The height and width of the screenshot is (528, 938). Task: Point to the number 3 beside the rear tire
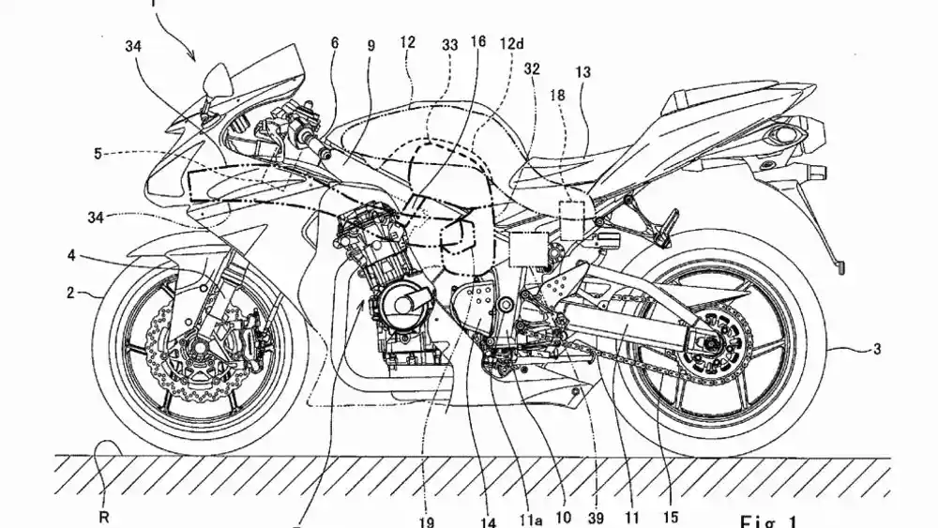[x=876, y=349]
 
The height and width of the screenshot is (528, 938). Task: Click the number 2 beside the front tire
[x=71, y=293]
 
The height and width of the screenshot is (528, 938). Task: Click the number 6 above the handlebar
[x=334, y=43]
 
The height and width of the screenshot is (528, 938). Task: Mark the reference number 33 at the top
[x=449, y=43]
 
